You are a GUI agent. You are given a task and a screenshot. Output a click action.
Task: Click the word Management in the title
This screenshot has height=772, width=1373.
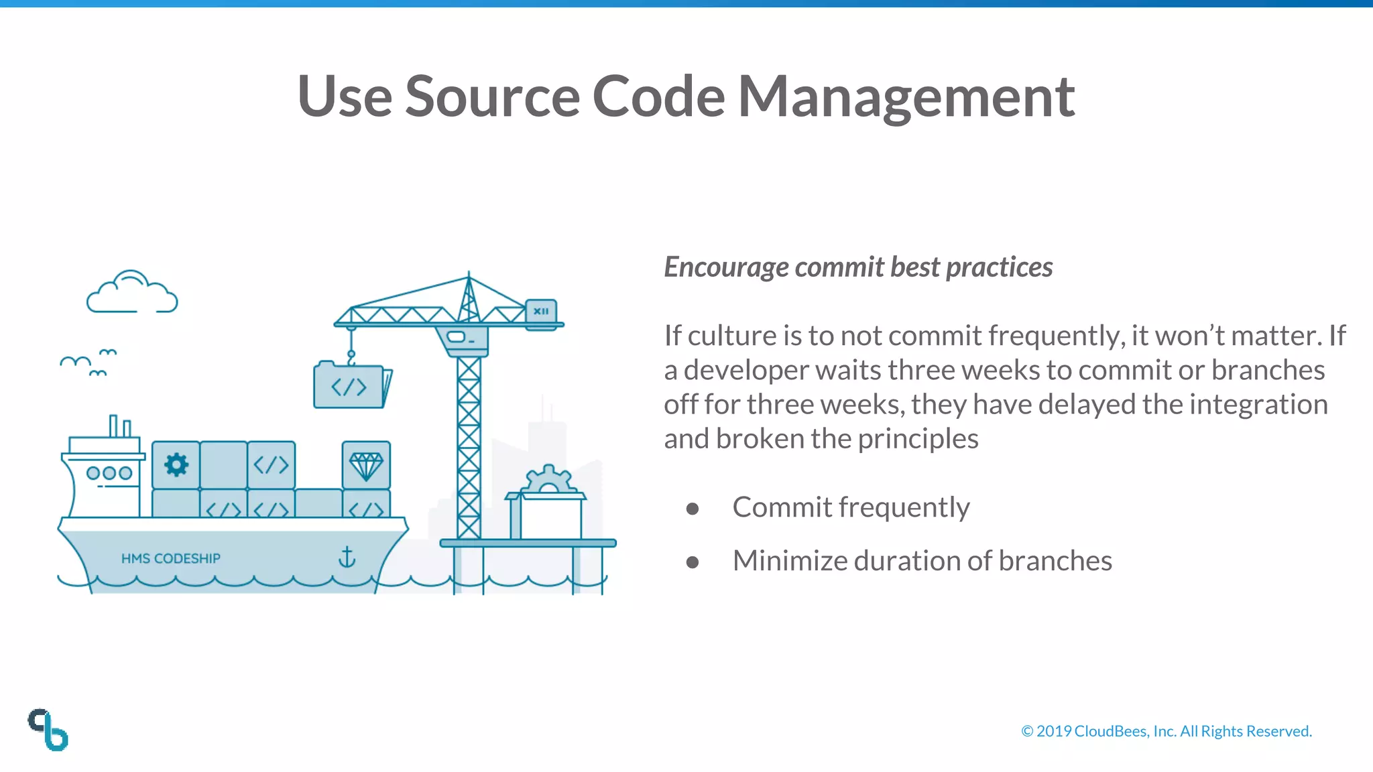click(x=906, y=97)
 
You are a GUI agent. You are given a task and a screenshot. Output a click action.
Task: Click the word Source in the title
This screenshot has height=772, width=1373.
click(x=492, y=97)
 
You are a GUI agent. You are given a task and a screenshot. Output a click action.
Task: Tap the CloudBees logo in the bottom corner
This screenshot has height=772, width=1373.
click(x=48, y=730)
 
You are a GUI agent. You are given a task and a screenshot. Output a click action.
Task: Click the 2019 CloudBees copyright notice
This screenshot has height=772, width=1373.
click(x=1166, y=731)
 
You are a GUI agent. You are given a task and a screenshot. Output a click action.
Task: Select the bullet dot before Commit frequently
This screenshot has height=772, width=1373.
click(x=693, y=509)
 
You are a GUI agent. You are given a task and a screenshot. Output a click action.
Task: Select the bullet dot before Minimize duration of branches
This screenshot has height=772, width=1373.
click(x=693, y=562)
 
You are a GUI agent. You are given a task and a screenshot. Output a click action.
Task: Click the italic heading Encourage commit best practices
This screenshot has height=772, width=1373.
click(x=858, y=267)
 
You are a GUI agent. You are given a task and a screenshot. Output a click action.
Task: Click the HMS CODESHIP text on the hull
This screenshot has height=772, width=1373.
click(x=170, y=558)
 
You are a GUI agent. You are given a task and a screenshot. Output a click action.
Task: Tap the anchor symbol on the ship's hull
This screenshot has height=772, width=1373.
click(x=347, y=556)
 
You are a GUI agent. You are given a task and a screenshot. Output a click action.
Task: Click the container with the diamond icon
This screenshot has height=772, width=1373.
click(x=366, y=464)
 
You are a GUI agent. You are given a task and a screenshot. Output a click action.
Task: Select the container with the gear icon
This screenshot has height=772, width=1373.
click(x=176, y=464)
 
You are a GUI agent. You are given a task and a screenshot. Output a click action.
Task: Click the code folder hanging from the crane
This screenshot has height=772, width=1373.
click(x=349, y=387)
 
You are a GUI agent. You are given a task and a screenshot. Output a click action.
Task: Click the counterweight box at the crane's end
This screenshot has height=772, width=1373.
click(x=541, y=312)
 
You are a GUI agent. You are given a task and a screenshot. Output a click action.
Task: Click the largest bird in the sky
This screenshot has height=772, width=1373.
click(x=75, y=363)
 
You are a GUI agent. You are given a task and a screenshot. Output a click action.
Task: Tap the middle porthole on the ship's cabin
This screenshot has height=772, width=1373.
click(x=109, y=473)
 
